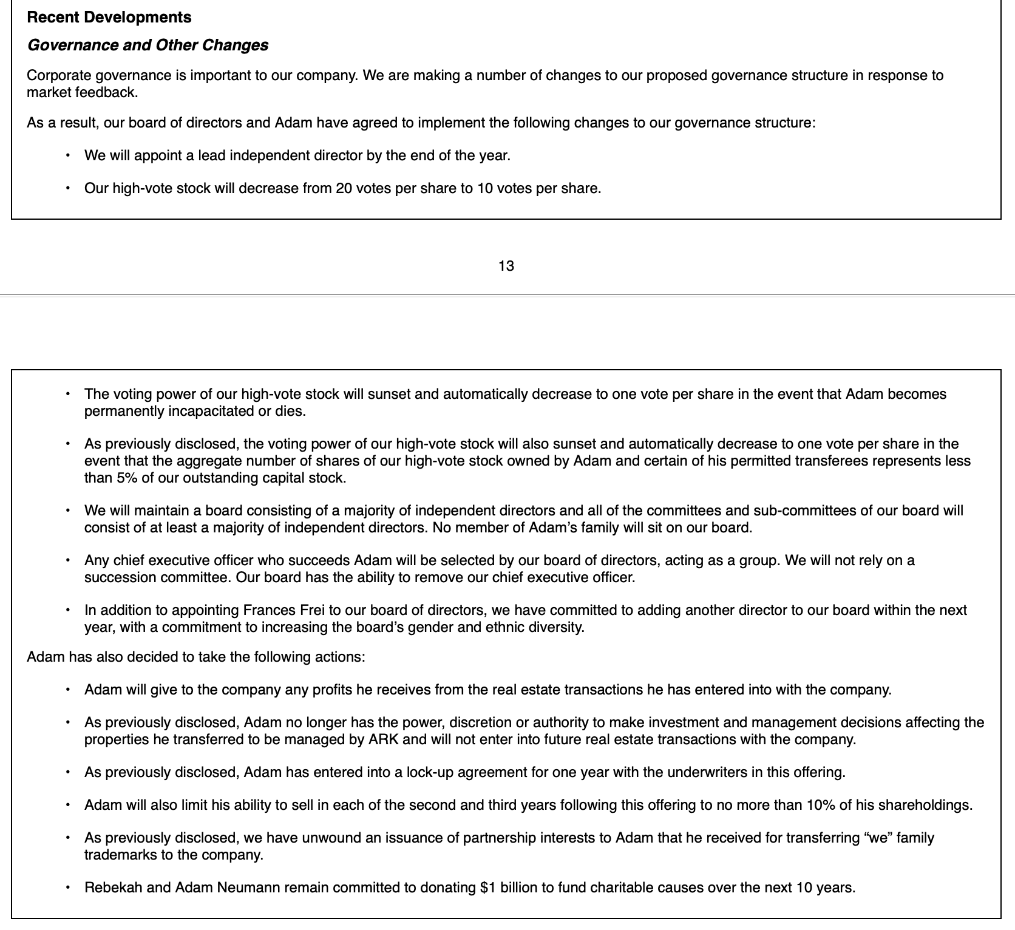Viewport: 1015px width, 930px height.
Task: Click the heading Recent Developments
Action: point(109,17)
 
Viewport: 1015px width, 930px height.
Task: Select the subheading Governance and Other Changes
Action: point(148,46)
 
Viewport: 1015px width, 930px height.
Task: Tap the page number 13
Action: point(506,266)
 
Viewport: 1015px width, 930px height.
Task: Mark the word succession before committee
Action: point(120,577)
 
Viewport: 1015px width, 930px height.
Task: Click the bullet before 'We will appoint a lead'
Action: point(68,155)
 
